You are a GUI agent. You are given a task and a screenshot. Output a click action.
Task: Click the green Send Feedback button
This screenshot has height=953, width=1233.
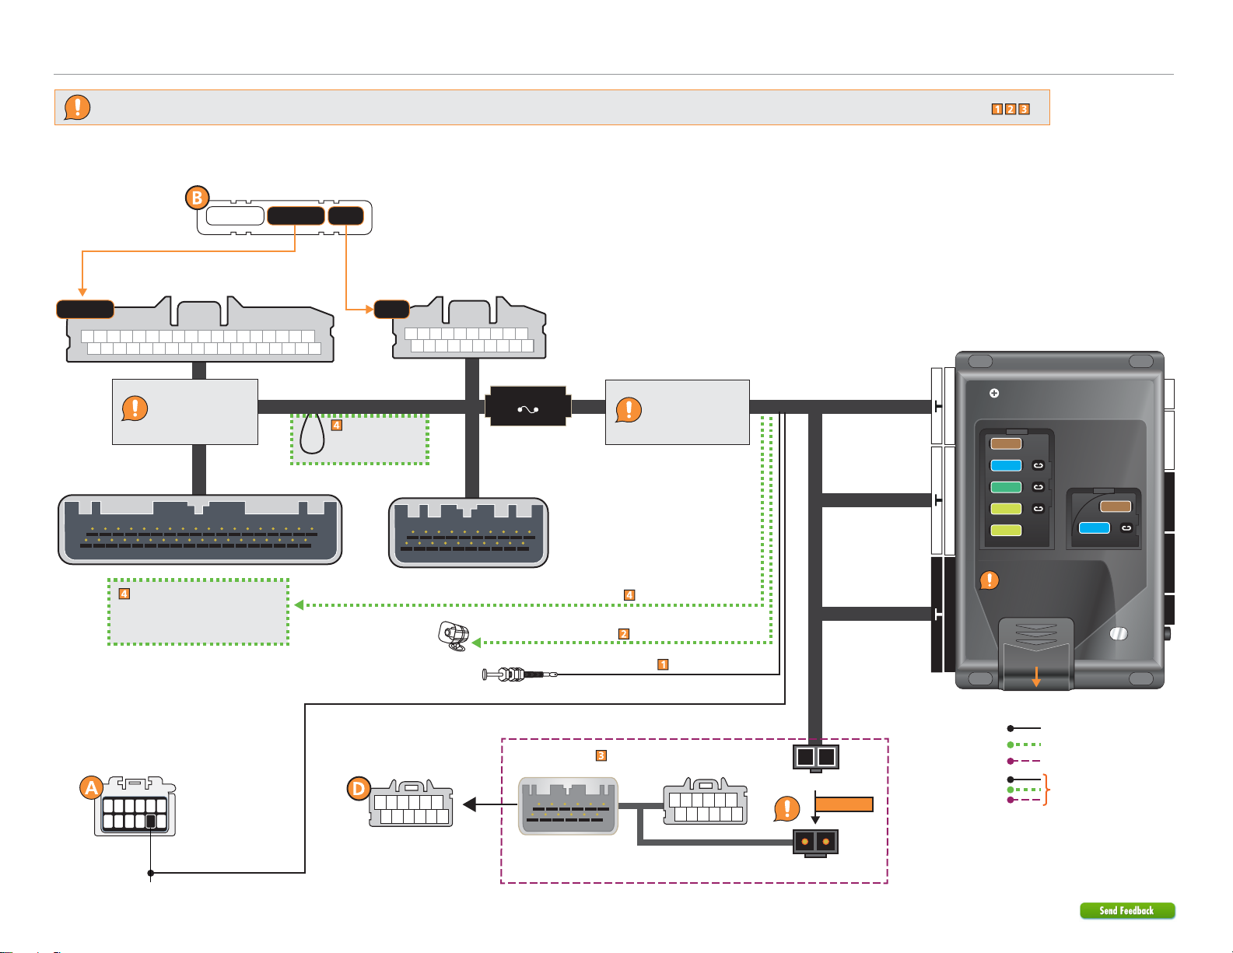click(x=1127, y=910)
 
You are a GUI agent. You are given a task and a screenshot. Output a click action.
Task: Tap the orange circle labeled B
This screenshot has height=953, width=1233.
click(x=198, y=198)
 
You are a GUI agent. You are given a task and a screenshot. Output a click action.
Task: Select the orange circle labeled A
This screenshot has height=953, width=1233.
click(x=91, y=788)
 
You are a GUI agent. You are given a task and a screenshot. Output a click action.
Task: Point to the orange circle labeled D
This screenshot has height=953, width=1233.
click(x=359, y=789)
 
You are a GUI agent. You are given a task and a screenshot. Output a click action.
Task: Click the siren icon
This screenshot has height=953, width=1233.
click(x=454, y=636)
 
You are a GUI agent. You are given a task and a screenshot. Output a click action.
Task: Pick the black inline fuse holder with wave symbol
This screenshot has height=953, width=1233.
click(x=527, y=406)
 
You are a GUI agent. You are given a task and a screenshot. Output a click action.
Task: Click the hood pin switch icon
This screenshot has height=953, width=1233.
click(x=520, y=674)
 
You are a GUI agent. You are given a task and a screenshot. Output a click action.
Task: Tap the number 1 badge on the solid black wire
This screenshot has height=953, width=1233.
click(x=663, y=664)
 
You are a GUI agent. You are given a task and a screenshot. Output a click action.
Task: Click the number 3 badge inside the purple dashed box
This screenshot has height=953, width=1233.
click(x=601, y=755)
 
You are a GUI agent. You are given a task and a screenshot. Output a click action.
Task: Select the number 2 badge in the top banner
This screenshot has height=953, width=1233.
click(x=1010, y=109)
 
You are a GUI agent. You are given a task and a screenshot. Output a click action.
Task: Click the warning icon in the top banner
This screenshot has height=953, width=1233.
click(x=77, y=107)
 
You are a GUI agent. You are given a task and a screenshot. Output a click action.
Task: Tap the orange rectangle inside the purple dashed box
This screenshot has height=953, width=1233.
click(x=844, y=804)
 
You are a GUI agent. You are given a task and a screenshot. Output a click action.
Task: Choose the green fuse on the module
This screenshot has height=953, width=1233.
click(x=1006, y=487)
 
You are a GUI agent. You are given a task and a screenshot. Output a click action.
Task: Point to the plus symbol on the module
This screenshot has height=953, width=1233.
click(x=994, y=393)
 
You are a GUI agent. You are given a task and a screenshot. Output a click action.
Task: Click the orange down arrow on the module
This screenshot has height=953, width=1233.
click(x=1036, y=677)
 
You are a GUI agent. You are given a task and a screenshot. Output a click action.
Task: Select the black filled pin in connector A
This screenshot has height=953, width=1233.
click(x=151, y=822)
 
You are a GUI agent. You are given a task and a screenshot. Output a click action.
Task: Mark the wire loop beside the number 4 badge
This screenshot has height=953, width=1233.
click(x=311, y=433)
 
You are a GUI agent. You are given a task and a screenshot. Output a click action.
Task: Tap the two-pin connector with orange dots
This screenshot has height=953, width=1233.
click(x=815, y=843)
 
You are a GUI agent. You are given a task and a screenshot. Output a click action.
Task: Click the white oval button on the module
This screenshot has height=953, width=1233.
click(x=1119, y=633)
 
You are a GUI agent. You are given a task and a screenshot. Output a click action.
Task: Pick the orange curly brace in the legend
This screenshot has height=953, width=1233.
click(x=1047, y=789)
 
